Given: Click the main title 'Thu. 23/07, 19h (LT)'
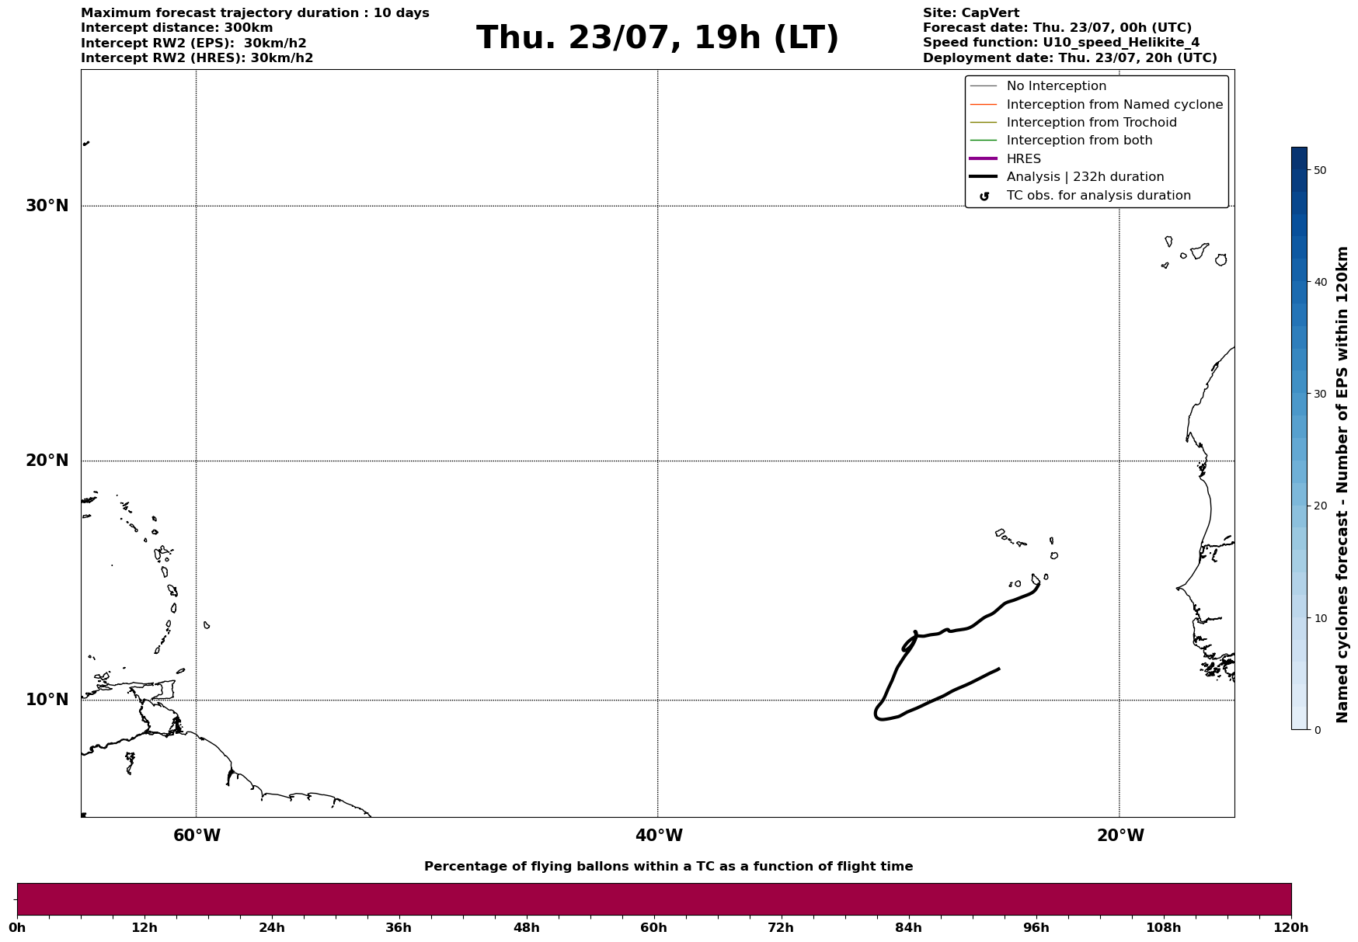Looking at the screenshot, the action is pos(657,38).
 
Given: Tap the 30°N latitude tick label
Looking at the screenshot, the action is pos(47,206).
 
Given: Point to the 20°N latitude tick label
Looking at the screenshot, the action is pos(47,461).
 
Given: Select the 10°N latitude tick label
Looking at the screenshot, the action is pos(47,700).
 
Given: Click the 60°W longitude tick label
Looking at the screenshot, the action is pos(197,836).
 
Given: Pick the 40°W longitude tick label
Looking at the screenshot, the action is pos(659,836).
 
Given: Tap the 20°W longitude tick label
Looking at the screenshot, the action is pos(1120,836).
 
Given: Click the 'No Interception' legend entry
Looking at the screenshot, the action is pos(1056,86).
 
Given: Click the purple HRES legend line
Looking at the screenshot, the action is pos(983,158).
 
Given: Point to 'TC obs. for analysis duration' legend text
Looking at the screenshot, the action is pos(1099,196).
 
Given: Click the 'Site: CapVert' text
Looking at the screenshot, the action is pos(971,13).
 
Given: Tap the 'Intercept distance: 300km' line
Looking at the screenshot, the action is pos(177,28).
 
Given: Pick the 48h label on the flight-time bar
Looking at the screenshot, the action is pos(526,928).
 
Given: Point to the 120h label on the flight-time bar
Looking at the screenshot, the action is pos(1291,928).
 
